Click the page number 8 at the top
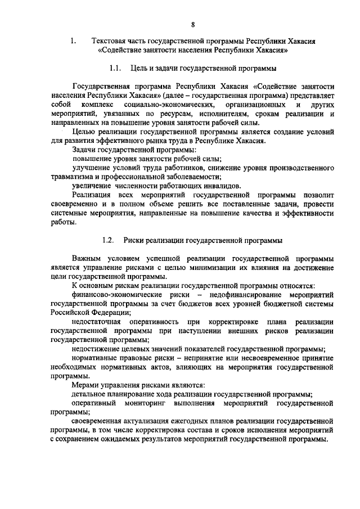click(192, 24)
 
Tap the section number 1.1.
click(116, 69)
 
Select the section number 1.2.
click(109, 240)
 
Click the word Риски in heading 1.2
click(134, 240)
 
